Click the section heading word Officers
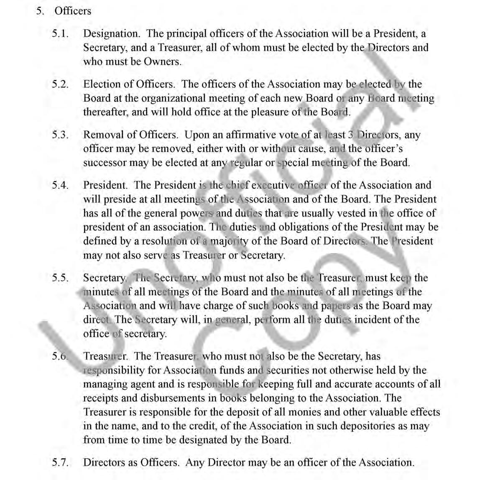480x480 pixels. tap(72, 11)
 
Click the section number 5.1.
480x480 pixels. tap(60, 33)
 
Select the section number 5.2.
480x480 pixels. tap(60, 84)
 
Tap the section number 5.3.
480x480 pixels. tap(60, 135)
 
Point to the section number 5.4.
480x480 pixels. tap(60, 185)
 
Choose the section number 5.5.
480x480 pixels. tap(60, 278)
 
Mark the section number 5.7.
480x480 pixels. tap(60, 462)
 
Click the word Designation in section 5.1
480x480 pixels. tap(111, 33)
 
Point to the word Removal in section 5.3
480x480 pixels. tap(100, 135)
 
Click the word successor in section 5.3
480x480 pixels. tap(105, 163)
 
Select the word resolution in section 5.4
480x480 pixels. tap(165, 241)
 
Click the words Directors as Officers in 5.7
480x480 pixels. tap(131, 462)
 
